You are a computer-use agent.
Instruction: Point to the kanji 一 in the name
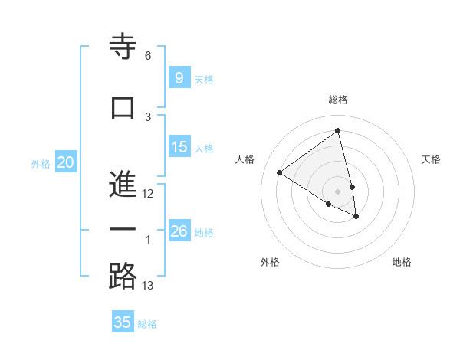click(x=123, y=231)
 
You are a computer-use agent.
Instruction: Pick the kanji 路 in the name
click(x=123, y=277)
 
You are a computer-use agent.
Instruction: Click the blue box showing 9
click(x=179, y=78)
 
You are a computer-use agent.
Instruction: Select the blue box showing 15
click(x=179, y=147)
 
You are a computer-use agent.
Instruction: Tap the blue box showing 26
click(x=179, y=231)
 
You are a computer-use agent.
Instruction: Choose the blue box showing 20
click(x=66, y=162)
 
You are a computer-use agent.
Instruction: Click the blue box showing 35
click(x=123, y=322)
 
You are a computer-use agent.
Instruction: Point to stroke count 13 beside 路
click(x=148, y=286)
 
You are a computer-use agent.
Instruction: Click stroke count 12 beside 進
click(x=148, y=194)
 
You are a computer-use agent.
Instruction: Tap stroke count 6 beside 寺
click(x=148, y=56)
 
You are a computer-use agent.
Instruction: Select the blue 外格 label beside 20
click(x=40, y=163)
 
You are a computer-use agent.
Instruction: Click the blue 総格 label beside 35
click(x=147, y=323)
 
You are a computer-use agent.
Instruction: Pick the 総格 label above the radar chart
click(x=338, y=100)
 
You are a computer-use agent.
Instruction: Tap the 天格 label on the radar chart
click(x=431, y=159)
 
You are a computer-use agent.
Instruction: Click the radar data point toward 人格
click(x=280, y=172)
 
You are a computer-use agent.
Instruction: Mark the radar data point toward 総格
click(x=337, y=131)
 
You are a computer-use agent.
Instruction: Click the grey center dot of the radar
click(x=337, y=191)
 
